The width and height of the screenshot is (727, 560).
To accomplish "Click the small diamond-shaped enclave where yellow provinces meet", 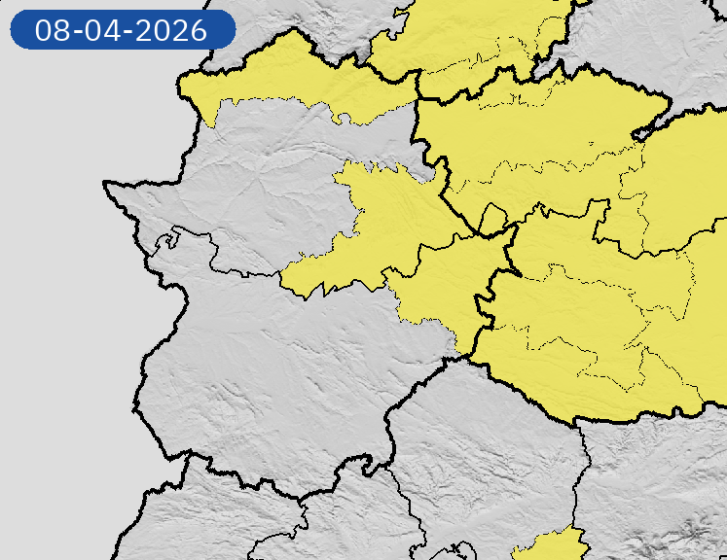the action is tap(492, 220).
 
